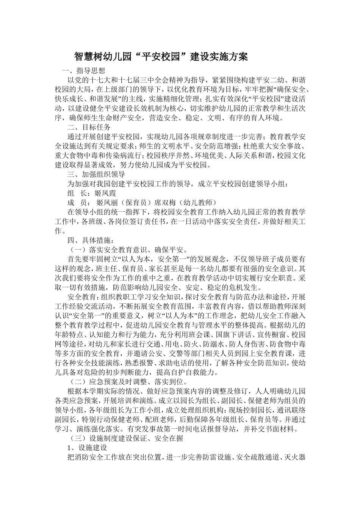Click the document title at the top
[161, 57]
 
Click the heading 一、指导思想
[80, 70]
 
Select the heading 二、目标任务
[89, 127]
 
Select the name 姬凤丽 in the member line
[108, 202]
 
